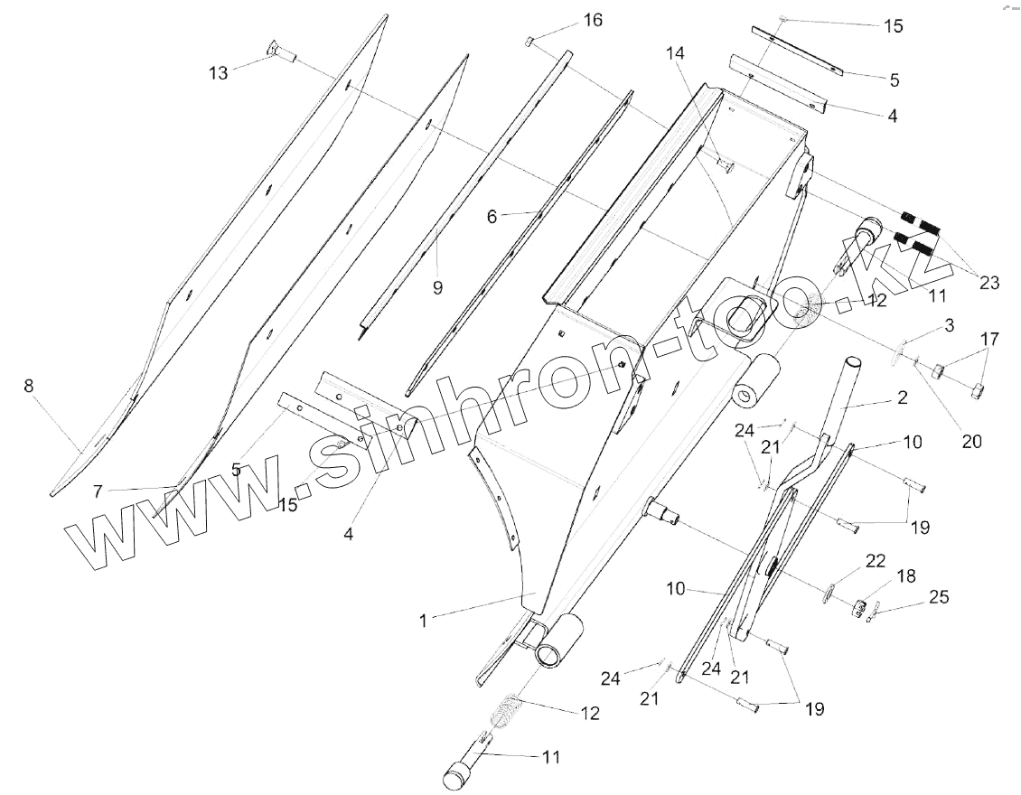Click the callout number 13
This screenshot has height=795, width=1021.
(x=219, y=72)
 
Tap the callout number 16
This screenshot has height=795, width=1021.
(x=592, y=20)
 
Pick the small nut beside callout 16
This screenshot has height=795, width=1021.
(x=530, y=41)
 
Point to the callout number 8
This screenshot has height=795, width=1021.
(x=29, y=386)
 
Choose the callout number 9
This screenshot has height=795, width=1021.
(x=437, y=287)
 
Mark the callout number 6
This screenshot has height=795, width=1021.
(x=492, y=217)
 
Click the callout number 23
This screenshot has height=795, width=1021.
(x=988, y=283)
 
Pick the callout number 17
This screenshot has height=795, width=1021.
(x=990, y=340)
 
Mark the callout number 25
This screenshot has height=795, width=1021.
(x=940, y=597)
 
